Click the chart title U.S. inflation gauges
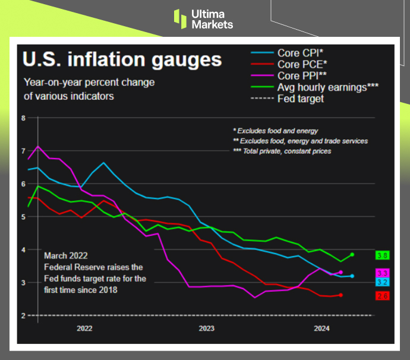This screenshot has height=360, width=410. click(122, 59)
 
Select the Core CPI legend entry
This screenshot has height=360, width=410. click(299, 53)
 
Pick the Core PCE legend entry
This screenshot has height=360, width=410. click(301, 64)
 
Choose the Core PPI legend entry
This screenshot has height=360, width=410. click(300, 75)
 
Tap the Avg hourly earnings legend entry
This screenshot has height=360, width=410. click(328, 87)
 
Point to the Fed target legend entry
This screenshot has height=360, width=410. click(301, 99)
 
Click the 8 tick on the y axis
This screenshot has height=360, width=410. click(23, 118)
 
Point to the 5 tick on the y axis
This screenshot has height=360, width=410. click(23, 217)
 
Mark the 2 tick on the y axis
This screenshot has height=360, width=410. click(23, 315)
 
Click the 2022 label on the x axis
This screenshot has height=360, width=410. click(84, 328)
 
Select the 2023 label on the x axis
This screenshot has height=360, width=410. click(206, 328)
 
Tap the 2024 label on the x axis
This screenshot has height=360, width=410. click(321, 328)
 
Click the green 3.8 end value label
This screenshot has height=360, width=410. click(382, 255)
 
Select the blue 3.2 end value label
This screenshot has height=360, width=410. click(382, 282)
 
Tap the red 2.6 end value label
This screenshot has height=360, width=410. click(382, 296)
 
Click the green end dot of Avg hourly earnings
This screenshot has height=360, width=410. click(352, 254)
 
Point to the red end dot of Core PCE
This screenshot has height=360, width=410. click(340, 295)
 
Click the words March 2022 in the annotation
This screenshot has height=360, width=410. click(66, 255)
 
